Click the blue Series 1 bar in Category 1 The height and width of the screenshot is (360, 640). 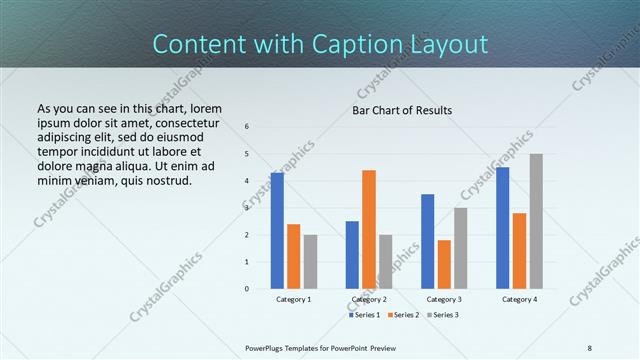click(277, 231)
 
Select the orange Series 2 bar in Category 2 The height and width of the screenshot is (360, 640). click(369, 229)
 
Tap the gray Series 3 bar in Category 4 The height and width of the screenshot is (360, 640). click(536, 221)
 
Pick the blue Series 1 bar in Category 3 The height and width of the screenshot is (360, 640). click(428, 241)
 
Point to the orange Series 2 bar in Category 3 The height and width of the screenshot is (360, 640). click(444, 264)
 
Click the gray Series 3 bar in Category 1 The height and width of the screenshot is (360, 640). click(310, 262)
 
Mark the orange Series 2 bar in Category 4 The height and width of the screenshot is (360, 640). click(519, 251)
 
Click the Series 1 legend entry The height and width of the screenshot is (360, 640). click(366, 315)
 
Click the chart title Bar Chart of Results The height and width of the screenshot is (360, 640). click(402, 110)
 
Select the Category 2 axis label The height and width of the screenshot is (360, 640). click(369, 299)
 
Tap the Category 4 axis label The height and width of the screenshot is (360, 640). click(519, 299)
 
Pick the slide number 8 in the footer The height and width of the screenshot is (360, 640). click(590, 347)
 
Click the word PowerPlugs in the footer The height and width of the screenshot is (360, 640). click(267, 347)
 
